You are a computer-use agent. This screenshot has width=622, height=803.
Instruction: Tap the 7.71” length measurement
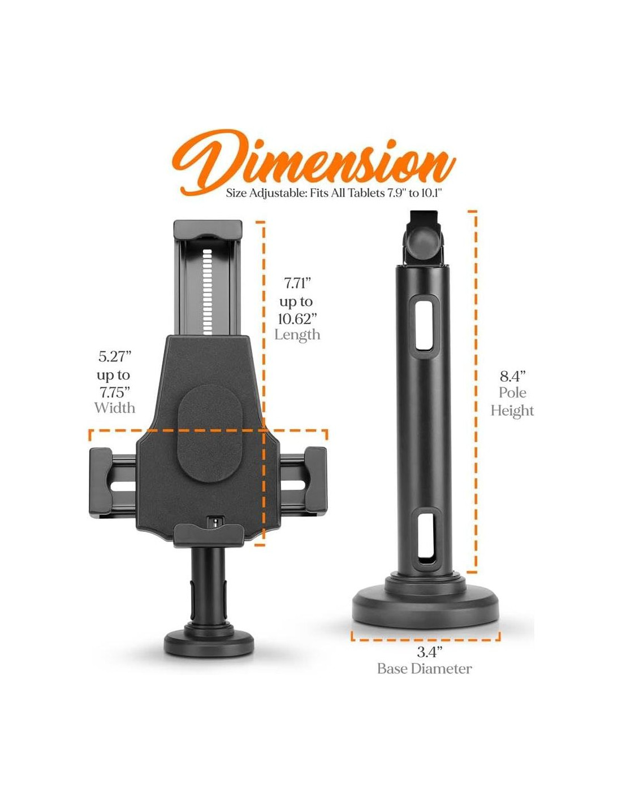coord(297,284)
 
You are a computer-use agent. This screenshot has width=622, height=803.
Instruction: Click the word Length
coord(297,334)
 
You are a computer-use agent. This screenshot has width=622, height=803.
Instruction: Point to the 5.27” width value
coord(115,357)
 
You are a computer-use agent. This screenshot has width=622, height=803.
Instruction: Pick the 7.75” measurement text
coord(115,392)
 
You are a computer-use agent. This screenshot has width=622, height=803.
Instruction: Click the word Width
coord(114,408)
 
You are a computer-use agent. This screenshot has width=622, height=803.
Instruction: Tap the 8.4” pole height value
coord(513,376)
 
